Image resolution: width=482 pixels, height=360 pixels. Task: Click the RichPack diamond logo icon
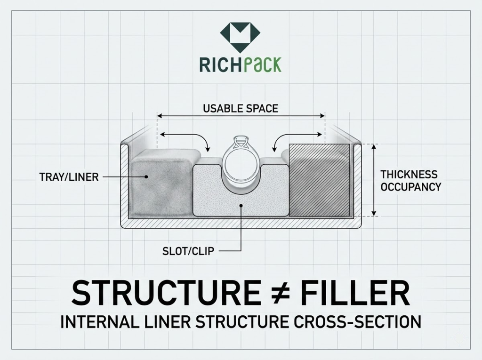pos(240,37)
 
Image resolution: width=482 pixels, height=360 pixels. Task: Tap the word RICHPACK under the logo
pos(240,64)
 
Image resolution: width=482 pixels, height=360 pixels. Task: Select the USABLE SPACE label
pos(241,109)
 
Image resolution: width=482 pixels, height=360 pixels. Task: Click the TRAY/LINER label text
pos(69,177)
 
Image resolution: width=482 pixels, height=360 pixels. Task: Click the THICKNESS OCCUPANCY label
pos(410,181)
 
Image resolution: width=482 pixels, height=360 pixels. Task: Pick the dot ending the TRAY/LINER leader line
pos(147,177)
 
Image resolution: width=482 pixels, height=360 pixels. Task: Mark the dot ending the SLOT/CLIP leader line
pos(241,206)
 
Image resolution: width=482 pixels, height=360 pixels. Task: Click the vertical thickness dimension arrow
pos(374,180)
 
